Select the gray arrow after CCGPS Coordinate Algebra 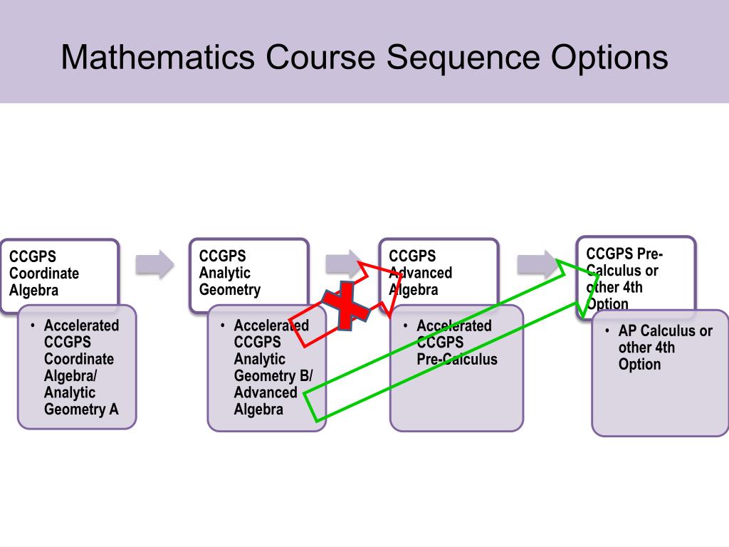point(155,264)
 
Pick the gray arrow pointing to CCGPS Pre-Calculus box point(535,264)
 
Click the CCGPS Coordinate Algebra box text point(44,273)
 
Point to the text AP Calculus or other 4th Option point(665,348)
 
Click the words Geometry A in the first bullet point(81,410)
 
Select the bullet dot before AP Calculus point(607,330)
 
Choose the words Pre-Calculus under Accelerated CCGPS point(456,360)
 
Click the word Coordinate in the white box point(44,273)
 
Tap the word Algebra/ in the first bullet point(70,376)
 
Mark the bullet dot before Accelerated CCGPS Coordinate point(33,325)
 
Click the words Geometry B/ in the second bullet point(273,376)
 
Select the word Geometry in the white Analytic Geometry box point(230,290)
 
